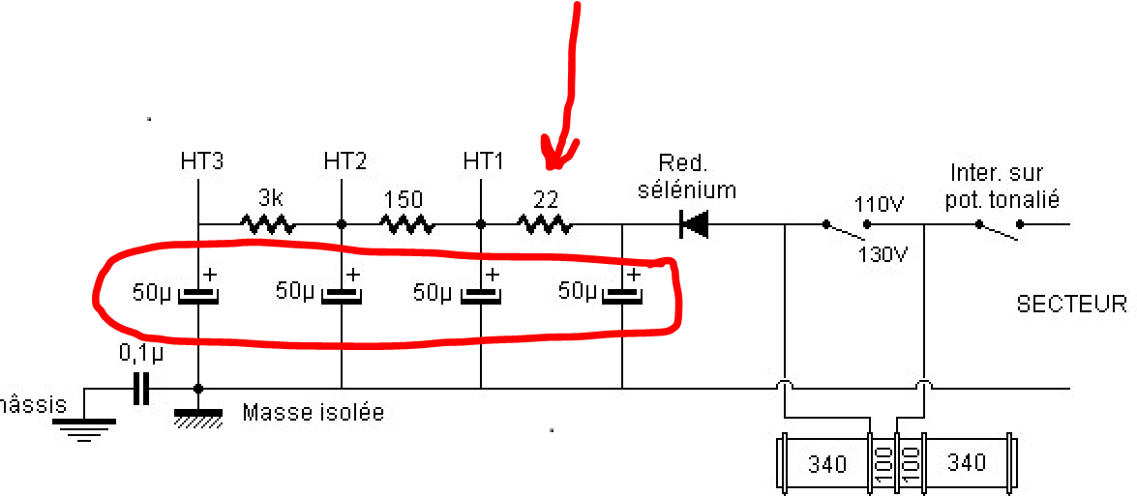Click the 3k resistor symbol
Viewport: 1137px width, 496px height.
[268, 224]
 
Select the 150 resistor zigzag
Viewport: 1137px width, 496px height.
[408, 224]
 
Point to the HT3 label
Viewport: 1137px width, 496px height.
[201, 161]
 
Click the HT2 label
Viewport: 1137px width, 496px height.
[344, 161]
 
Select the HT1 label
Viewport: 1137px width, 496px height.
[482, 161]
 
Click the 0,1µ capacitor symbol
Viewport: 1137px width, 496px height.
[141, 389]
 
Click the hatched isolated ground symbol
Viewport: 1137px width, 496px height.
[198, 419]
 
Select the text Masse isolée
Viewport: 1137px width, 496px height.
[313, 413]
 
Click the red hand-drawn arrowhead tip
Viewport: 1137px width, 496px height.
[554, 168]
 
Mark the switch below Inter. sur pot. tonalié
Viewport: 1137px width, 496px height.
[999, 229]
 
